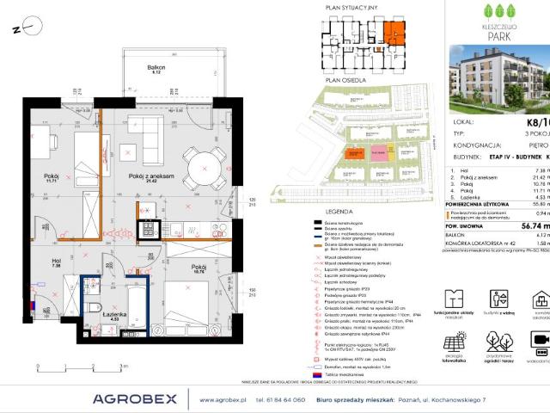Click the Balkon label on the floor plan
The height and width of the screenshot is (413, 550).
tap(155, 66)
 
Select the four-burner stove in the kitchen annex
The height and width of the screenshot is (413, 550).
tap(146, 231)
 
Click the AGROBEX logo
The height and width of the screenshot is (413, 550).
tap(134, 398)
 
